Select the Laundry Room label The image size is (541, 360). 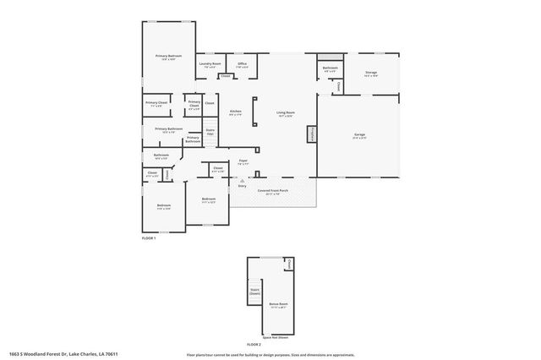(x=210, y=64)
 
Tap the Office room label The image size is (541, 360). (x=241, y=64)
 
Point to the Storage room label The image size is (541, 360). (x=370, y=74)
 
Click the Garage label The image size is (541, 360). (x=359, y=135)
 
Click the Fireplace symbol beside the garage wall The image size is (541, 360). (x=311, y=134)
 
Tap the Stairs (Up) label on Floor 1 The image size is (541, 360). (x=210, y=132)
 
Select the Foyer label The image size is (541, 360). (x=242, y=161)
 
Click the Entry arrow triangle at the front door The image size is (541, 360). (x=241, y=179)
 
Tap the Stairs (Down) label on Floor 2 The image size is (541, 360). (x=254, y=292)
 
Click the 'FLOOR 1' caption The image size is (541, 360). (x=149, y=239)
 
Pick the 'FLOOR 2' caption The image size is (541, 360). (x=254, y=345)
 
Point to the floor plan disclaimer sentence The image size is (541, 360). (x=270, y=354)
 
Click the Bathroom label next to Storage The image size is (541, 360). (x=330, y=68)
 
